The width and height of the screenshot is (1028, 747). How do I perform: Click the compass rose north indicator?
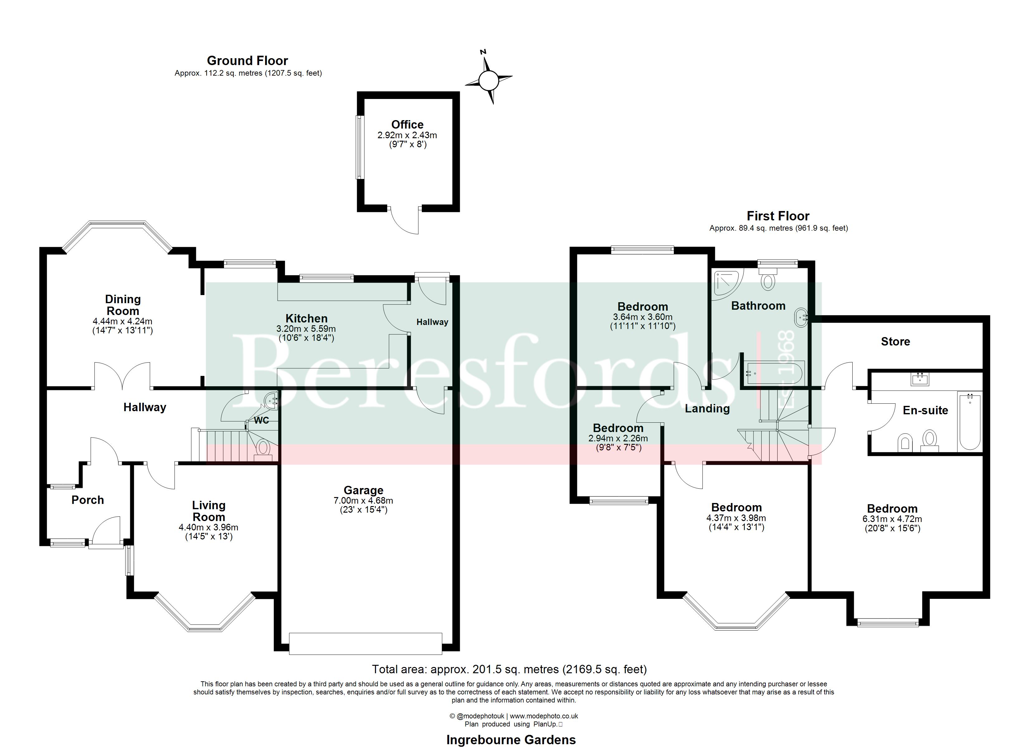click(x=484, y=52)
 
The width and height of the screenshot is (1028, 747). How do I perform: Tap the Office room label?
click(x=407, y=125)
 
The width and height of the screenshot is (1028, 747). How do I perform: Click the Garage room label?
click(x=364, y=490)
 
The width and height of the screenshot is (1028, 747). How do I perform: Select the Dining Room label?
click(x=123, y=305)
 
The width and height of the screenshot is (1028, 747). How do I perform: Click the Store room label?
click(x=895, y=341)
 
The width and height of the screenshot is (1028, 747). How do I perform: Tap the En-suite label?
click(x=925, y=411)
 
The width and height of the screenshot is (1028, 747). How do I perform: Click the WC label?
click(x=262, y=420)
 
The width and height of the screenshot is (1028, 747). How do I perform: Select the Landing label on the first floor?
click(x=707, y=409)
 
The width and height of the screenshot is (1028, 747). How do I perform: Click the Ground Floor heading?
click(x=247, y=61)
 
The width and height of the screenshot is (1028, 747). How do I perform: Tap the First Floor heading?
click(x=778, y=216)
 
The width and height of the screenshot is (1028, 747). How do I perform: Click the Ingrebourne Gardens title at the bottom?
click(x=511, y=740)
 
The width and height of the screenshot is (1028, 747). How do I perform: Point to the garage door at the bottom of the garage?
click(x=366, y=644)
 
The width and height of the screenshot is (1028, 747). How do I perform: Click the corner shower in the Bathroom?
click(x=727, y=284)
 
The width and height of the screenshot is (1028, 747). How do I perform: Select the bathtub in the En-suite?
click(x=969, y=421)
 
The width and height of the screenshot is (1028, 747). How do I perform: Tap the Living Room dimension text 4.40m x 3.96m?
click(x=208, y=527)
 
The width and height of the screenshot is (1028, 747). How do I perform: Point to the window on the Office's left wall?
click(x=359, y=147)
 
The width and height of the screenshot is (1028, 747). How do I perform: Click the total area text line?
click(x=509, y=669)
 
